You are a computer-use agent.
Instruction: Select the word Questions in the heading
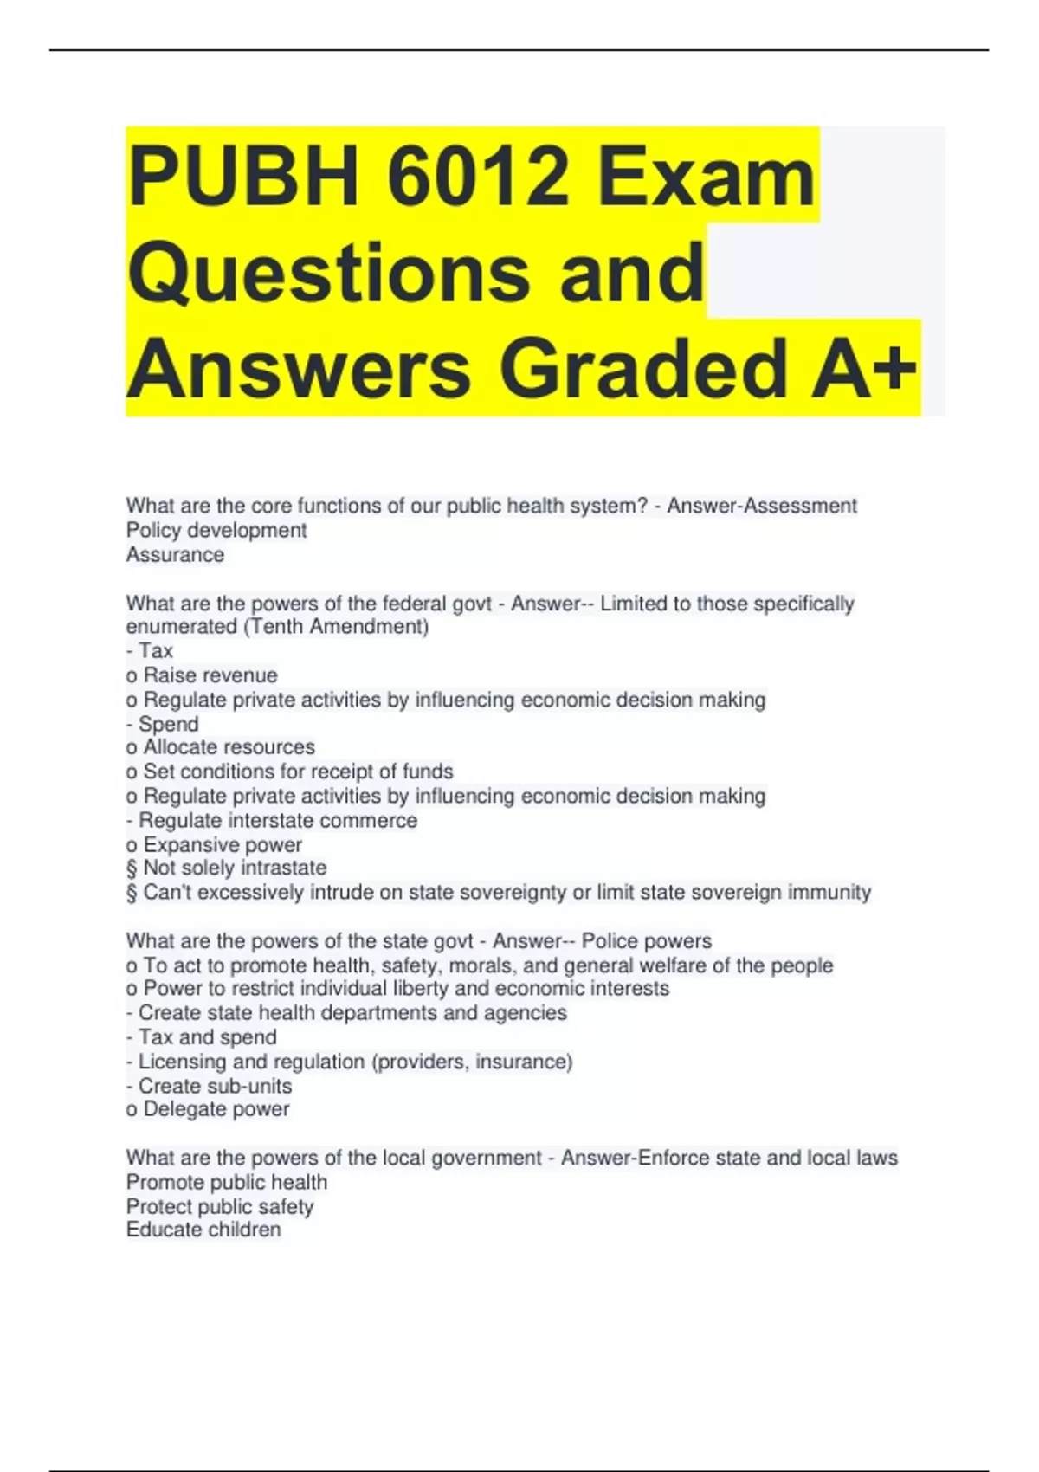(328, 273)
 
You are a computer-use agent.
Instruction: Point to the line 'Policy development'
(216, 530)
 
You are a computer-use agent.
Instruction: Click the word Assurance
(175, 554)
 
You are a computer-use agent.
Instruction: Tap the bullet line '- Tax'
(150, 650)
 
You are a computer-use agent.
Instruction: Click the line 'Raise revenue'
(210, 675)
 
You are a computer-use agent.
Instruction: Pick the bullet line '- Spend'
(163, 723)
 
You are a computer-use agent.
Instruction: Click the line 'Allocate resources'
(229, 746)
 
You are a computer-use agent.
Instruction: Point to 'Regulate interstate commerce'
(278, 820)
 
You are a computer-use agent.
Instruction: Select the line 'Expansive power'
(223, 844)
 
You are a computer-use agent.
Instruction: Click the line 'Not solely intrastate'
(235, 868)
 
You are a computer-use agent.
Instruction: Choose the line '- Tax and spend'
(202, 1036)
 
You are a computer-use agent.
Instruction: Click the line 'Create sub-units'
(209, 1086)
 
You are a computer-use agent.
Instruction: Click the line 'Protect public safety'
(220, 1206)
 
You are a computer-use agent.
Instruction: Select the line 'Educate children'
(203, 1230)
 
